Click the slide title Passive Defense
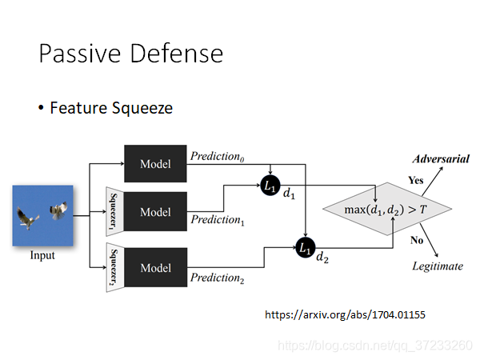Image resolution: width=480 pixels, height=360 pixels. (x=130, y=54)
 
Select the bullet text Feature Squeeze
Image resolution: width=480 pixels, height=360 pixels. (x=110, y=107)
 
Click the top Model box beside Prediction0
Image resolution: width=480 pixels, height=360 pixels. (x=155, y=164)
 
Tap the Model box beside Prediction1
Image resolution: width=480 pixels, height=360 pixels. (x=155, y=212)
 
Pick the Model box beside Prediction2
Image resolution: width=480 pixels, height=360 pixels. (x=155, y=268)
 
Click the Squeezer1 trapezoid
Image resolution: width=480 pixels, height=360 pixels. (x=114, y=212)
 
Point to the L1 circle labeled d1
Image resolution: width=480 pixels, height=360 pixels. (x=270, y=185)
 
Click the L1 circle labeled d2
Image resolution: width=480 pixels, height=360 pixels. (x=305, y=248)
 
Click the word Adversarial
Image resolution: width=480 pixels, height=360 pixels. (x=440, y=159)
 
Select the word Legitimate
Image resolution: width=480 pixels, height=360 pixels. (x=437, y=266)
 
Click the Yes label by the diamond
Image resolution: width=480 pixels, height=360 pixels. (x=416, y=180)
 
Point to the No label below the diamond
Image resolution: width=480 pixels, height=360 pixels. (x=417, y=239)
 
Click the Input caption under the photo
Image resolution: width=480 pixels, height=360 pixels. (x=42, y=256)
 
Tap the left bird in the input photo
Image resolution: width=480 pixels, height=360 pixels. (x=30, y=217)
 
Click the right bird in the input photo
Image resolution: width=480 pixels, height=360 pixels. (x=58, y=210)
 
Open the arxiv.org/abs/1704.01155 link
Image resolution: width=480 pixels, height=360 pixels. (x=345, y=315)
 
